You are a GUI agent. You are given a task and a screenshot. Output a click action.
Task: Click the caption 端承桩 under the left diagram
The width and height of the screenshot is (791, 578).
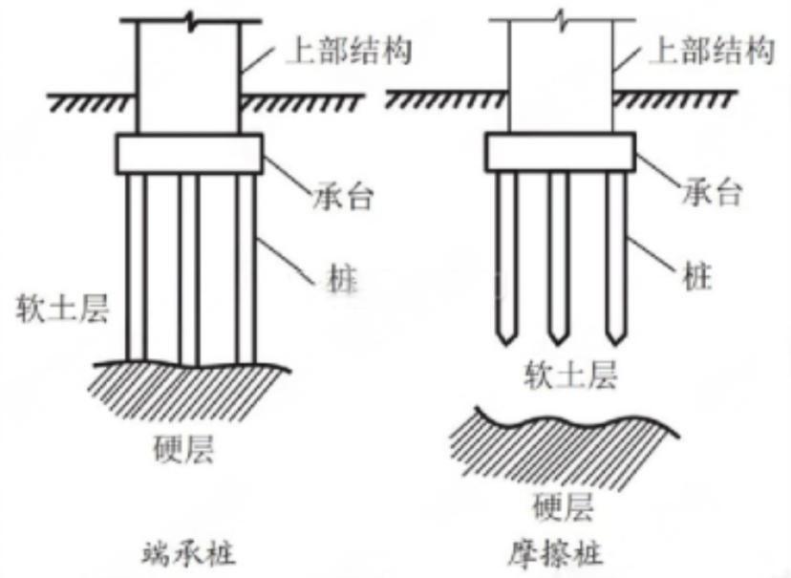point(187,551)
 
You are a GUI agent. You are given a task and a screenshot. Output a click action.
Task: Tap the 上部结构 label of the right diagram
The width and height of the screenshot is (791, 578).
point(711,51)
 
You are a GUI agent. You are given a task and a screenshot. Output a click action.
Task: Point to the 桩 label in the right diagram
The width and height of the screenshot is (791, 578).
point(699,277)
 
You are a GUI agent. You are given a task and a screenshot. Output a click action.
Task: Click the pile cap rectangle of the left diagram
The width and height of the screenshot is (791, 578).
point(188,152)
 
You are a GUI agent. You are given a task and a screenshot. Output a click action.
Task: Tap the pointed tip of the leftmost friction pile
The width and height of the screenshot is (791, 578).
point(506,342)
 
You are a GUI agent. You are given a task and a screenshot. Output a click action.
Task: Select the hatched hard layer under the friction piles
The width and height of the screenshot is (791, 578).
point(564,444)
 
